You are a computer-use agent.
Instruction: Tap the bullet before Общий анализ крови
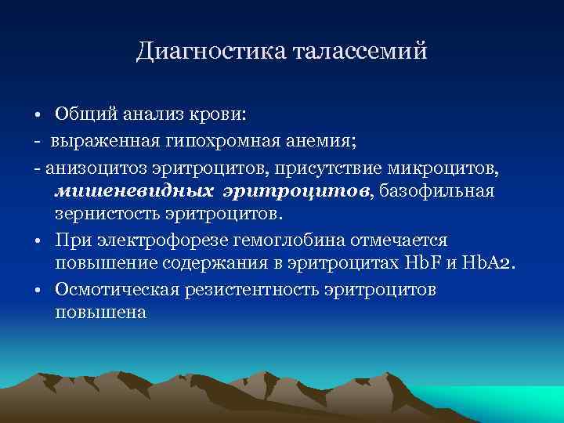click(x=37, y=115)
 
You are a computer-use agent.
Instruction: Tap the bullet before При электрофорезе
click(x=37, y=240)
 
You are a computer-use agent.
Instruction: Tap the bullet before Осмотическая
click(x=37, y=290)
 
